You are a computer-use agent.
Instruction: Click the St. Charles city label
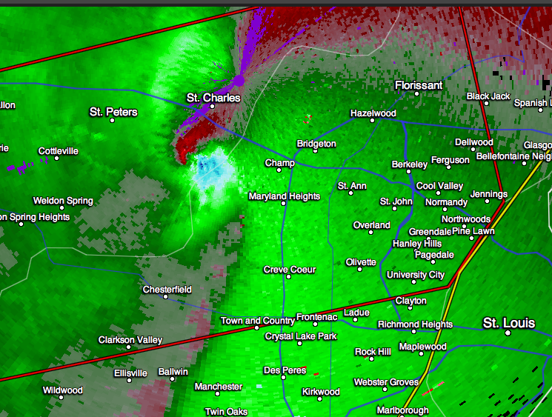coord(213,97)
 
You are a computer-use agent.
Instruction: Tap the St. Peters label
coord(113,112)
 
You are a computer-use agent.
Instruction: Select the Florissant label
coord(419,85)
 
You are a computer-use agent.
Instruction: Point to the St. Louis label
coord(508,323)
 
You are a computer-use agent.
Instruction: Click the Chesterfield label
coord(167,289)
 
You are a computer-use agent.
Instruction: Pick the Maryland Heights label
coord(284,196)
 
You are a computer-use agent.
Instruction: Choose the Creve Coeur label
coord(289,270)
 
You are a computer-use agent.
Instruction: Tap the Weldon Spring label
coord(63,201)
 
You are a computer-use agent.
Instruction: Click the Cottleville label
coord(58,151)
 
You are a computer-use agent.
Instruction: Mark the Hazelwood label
coord(373,113)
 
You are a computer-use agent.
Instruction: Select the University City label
coord(416,275)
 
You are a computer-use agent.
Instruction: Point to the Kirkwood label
coord(321,392)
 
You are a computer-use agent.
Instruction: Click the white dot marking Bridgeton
coord(316,151)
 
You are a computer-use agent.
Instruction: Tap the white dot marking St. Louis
coord(508,333)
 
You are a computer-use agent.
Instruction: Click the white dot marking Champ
coord(279,170)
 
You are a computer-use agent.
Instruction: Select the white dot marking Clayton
coord(410,310)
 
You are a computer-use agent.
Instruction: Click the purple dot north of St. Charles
coord(239,79)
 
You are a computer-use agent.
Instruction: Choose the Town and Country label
coord(257,321)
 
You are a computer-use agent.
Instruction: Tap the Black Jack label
coord(488,96)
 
